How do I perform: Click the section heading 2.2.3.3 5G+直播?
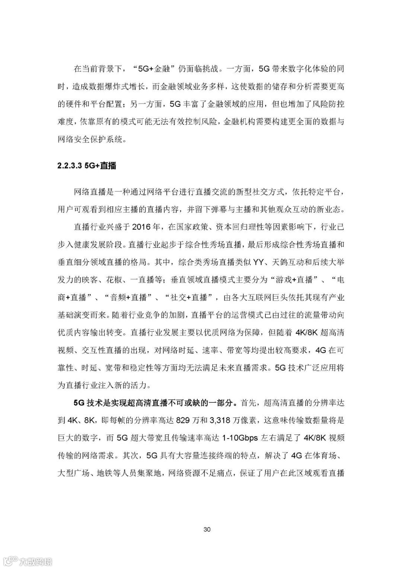[87, 166]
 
